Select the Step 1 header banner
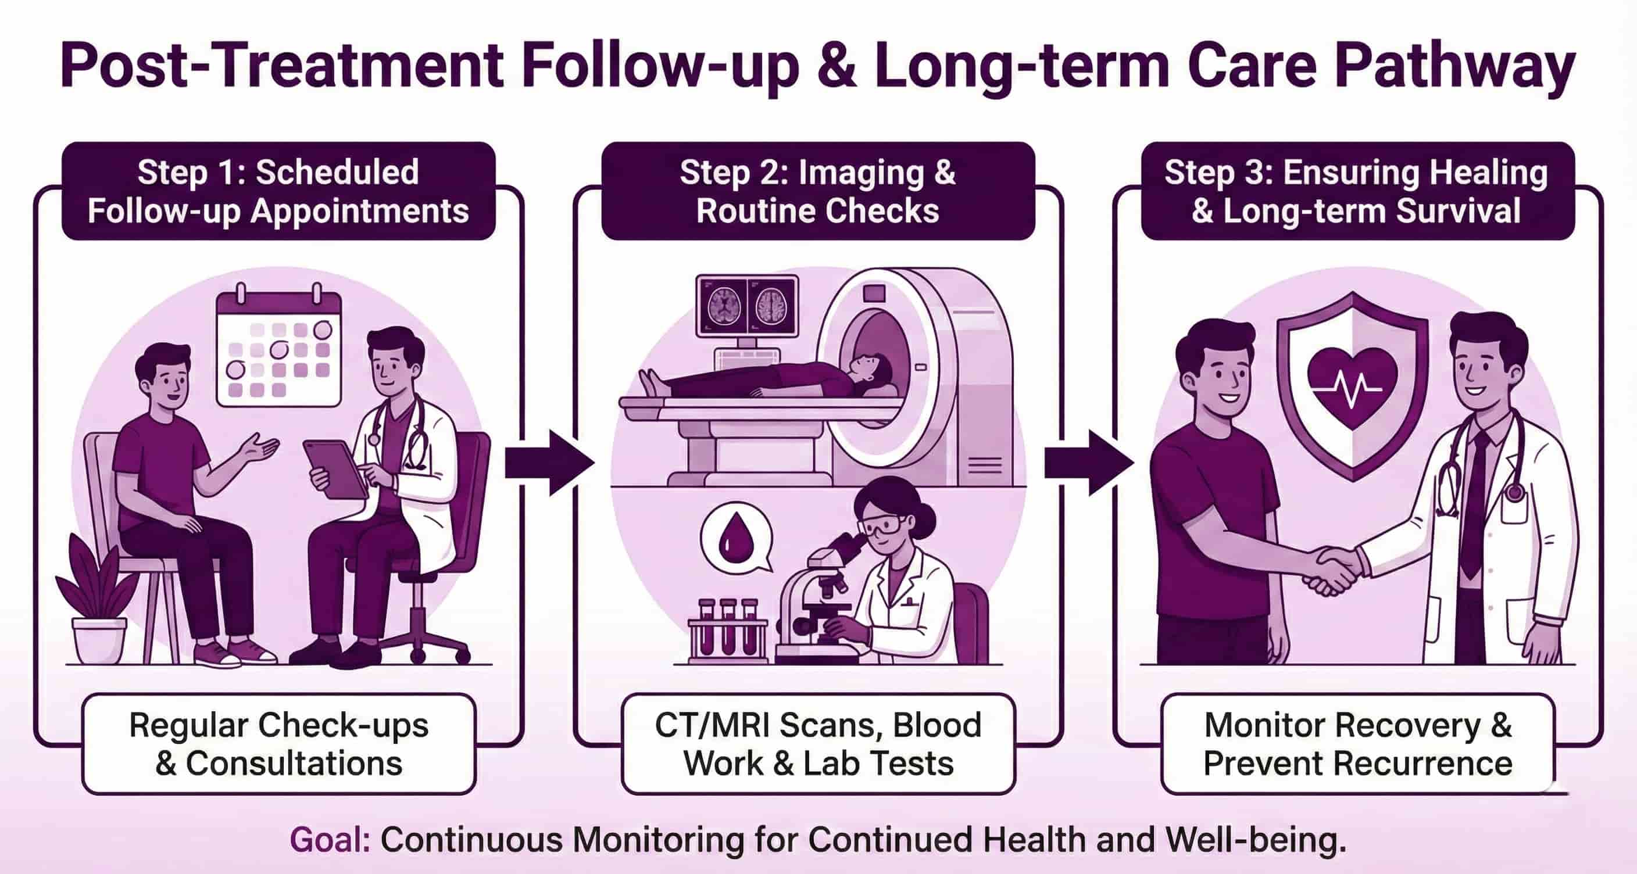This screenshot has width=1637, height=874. (x=278, y=191)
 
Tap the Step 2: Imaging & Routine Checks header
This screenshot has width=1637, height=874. (x=818, y=191)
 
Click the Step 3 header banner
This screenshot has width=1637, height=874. (x=1357, y=191)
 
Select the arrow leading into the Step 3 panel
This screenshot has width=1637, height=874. (x=1089, y=463)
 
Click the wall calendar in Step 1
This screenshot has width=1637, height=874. (x=279, y=349)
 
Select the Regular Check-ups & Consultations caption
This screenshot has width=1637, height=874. (x=278, y=744)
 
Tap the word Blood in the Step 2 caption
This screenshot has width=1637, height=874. (x=937, y=725)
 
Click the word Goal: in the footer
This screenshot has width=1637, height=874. (x=330, y=840)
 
